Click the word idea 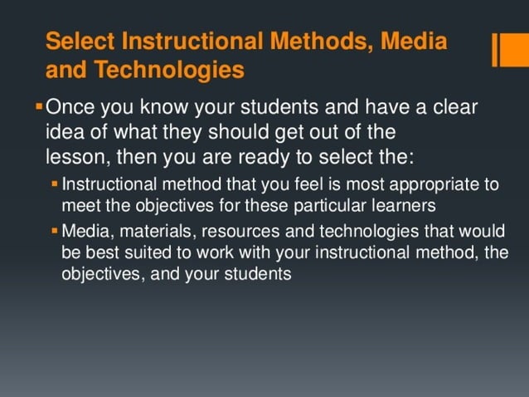[x=65, y=131]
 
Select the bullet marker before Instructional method [x=55, y=183]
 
